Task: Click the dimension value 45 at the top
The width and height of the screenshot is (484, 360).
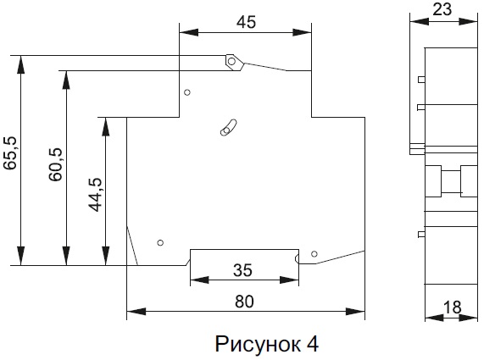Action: pyautogui.click(x=246, y=22)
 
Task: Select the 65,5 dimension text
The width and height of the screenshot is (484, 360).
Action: pyautogui.click(x=10, y=152)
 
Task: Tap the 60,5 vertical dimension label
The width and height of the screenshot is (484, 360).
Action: pyautogui.click(x=56, y=164)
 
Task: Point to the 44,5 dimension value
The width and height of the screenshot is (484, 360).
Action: pyautogui.click(x=96, y=195)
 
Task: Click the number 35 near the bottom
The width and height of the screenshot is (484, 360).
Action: pyautogui.click(x=242, y=270)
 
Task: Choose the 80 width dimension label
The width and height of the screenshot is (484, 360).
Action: pyautogui.click(x=244, y=302)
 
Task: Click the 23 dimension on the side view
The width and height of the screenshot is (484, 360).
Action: pyautogui.click(x=442, y=9)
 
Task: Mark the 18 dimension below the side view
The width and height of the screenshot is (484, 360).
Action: pyautogui.click(x=453, y=307)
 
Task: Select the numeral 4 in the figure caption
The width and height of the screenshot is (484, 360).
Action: pyautogui.click(x=313, y=344)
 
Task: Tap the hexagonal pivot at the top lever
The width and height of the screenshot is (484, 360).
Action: pyautogui.click(x=233, y=62)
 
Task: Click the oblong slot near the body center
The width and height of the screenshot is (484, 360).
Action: pyautogui.click(x=228, y=127)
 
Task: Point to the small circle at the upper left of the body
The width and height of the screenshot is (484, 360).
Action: pyautogui.click(x=187, y=92)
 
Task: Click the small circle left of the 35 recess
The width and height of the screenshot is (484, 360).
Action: pyautogui.click(x=160, y=243)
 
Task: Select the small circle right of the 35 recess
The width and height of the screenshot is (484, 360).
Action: pyautogui.click(x=314, y=254)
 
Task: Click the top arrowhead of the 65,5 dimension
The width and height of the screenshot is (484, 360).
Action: pyautogui.click(x=21, y=64)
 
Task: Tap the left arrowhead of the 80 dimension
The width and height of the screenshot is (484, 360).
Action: pyautogui.click(x=136, y=311)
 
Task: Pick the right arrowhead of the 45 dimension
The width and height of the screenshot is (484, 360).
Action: pyautogui.click(x=302, y=32)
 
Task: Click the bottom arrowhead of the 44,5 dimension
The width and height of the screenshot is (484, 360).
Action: pyautogui.click(x=106, y=256)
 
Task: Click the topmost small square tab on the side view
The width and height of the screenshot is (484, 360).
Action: pyautogui.click(x=421, y=80)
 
